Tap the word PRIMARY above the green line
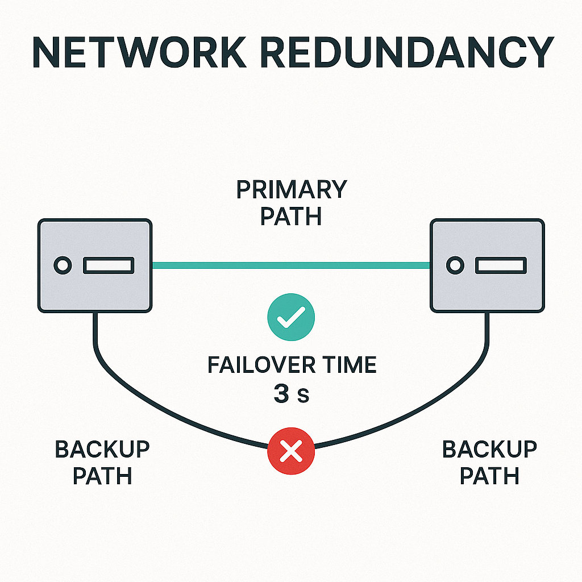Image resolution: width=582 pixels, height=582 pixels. (x=291, y=190)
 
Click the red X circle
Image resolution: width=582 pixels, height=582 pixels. (x=291, y=452)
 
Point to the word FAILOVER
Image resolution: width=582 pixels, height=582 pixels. (x=262, y=365)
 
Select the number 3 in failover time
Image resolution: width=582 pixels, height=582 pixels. (x=281, y=394)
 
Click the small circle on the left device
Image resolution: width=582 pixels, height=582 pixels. (x=62, y=265)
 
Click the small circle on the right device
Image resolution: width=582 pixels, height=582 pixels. (x=454, y=265)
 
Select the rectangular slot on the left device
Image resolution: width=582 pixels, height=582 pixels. (x=109, y=265)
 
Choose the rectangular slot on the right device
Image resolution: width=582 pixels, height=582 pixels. (x=501, y=265)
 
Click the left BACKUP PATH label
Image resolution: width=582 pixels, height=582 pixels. (x=102, y=462)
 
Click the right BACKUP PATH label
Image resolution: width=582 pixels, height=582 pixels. (x=489, y=462)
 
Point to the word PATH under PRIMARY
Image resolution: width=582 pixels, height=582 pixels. (x=291, y=217)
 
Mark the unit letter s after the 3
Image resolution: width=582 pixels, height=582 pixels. (x=304, y=396)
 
